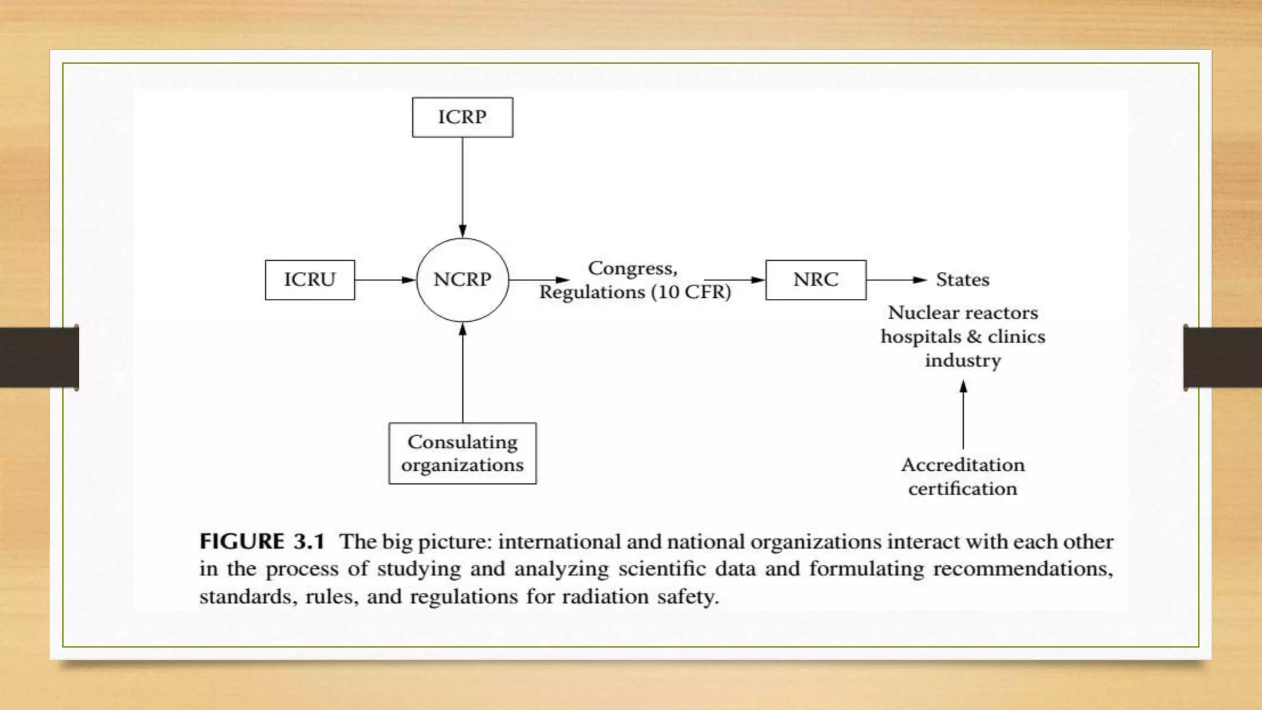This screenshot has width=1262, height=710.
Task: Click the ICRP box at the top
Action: click(462, 117)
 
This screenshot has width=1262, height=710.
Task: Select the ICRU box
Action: click(309, 280)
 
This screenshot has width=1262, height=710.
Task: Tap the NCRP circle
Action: click(462, 280)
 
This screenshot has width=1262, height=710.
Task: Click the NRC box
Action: click(815, 280)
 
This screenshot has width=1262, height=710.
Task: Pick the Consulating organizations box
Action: click(462, 453)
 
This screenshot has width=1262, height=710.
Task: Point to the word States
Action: click(963, 280)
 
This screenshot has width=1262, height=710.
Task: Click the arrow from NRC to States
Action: click(897, 280)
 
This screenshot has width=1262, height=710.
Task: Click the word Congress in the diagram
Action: click(632, 269)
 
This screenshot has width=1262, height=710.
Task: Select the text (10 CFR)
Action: click(691, 292)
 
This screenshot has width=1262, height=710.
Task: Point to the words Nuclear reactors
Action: click(963, 313)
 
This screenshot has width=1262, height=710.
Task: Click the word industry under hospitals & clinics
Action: click(963, 361)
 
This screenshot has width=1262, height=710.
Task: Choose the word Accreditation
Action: click(963, 465)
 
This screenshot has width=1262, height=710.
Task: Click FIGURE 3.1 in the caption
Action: click(262, 542)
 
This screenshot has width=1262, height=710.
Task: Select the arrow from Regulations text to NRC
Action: click(734, 280)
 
